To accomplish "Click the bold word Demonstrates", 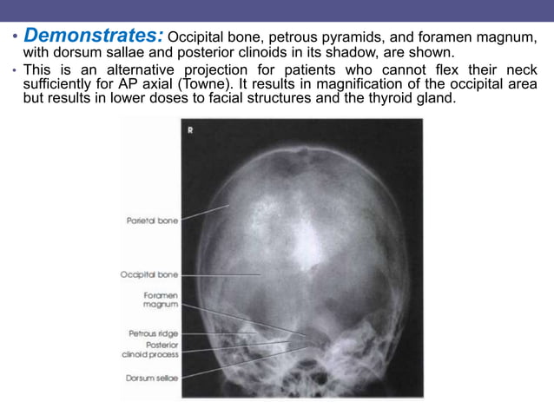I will [93, 36].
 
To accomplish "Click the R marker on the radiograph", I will [190, 131].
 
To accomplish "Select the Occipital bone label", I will [148, 274].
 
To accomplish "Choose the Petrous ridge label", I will [153, 332].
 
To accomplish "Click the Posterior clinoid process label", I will [150, 349].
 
